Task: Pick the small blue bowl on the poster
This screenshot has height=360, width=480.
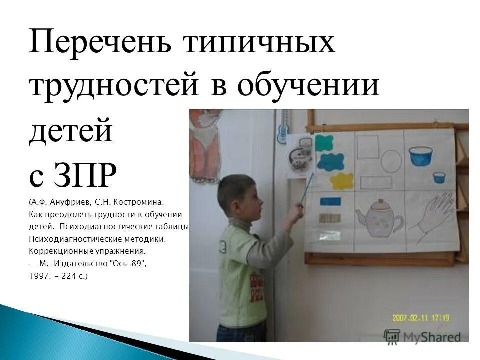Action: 439,177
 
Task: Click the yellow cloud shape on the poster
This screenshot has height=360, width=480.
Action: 341,181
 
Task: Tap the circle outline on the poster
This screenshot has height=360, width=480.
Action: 391,161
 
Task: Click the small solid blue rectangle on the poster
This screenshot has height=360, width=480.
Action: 330,201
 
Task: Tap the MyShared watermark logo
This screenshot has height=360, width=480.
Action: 422,336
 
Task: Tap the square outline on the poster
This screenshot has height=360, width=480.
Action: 368,146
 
